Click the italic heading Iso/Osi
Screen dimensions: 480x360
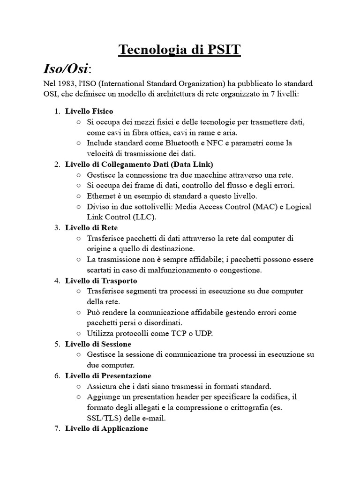(x=65, y=68)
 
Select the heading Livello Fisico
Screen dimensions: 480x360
(x=89, y=111)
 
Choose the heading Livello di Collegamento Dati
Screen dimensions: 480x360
(x=139, y=164)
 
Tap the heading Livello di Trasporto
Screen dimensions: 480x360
(x=101, y=281)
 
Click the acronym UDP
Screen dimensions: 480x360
(x=204, y=334)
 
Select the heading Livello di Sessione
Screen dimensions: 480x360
(x=98, y=344)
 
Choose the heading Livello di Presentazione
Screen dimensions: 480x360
(x=108, y=376)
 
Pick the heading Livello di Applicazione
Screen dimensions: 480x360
(x=107, y=428)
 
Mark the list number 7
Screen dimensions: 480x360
(x=57, y=428)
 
